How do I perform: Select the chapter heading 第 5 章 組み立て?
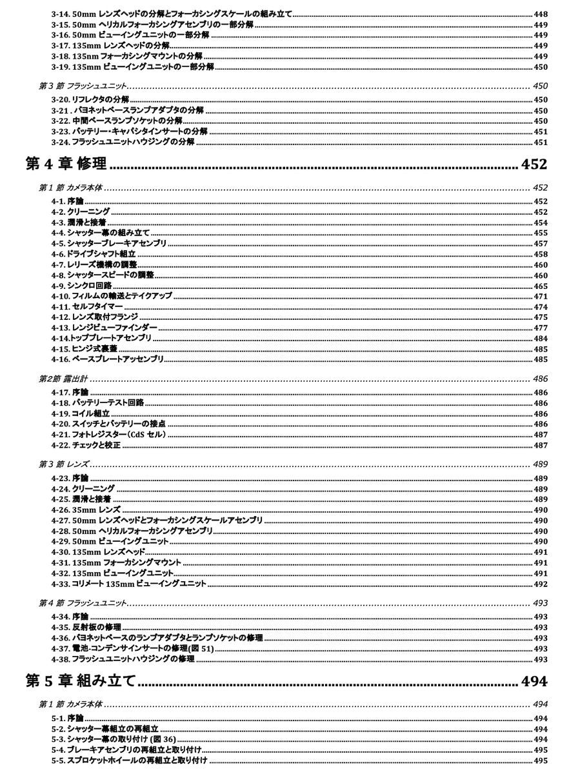tap(80, 681)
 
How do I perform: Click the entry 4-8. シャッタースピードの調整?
tap(103, 275)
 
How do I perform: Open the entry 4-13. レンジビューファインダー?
tap(104, 328)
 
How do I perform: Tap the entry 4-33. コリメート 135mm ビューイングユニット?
tap(129, 584)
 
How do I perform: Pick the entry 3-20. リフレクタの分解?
tap(90, 100)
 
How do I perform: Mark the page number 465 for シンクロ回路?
tap(541, 286)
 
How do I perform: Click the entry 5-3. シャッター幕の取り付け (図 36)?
tap(114, 739)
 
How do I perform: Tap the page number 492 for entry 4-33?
tap(541, 584)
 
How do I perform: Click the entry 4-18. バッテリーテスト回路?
tap(97, 403)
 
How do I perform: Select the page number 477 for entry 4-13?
tap(541, 328)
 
